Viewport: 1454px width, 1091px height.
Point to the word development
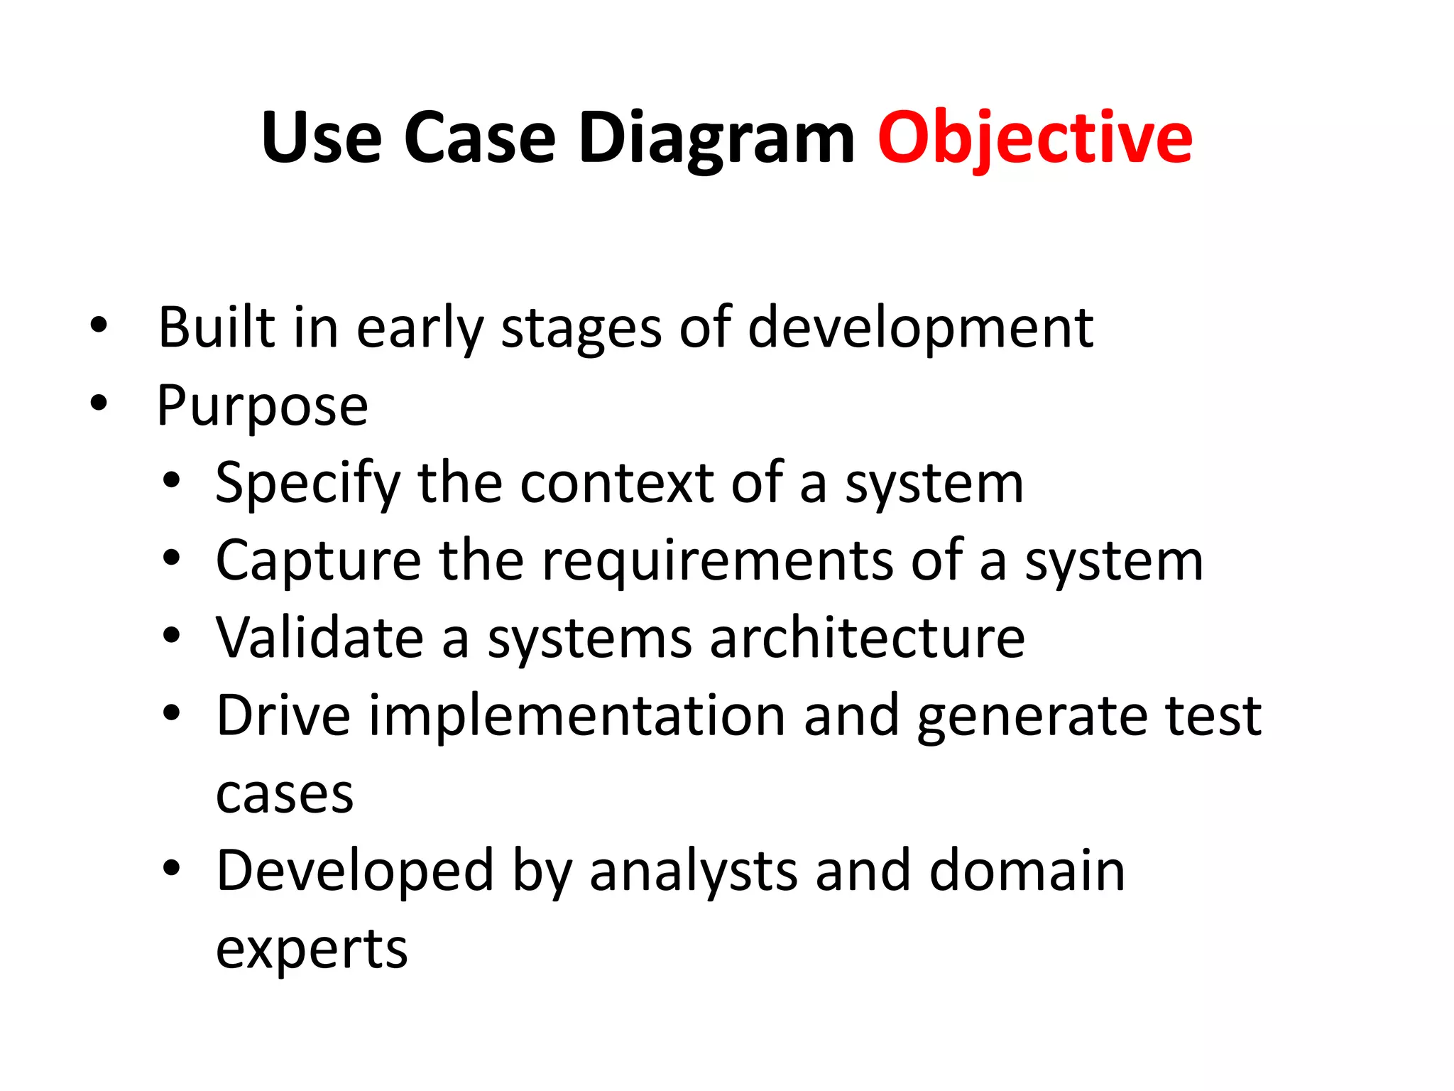pyautogui.click(x=920, y=328)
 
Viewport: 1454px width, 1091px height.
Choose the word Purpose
pyautogui.click(x=262, y=406)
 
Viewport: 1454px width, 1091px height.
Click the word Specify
pyautogui.click(x=307, y=484)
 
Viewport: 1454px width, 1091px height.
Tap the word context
pyautogui.click(x=616, y=483)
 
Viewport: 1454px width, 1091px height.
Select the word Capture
pyautogui.click(x=318, y=561)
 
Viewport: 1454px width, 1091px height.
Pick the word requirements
pyautogui.click(x=717, y=561)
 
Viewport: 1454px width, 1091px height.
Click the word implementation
pyautogui.click(x=576, y=716)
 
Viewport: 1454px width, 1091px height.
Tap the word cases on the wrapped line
pyautogui.click(x=284, y=794)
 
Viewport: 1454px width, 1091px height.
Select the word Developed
pyautogui.click(x=355, y=871)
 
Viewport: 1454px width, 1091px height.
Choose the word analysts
pyautogui.click(x=693, y=871)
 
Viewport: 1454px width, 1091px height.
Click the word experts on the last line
pyautogui.click(x=312, y=950)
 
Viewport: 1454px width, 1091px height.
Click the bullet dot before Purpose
pyautogui.click(x=99, y=403)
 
